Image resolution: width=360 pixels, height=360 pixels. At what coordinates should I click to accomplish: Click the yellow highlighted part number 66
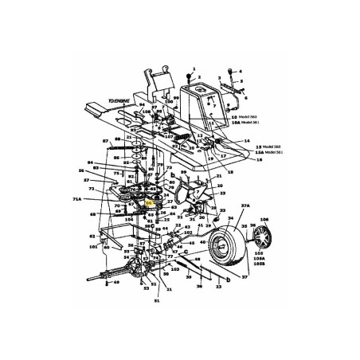click(x=150, y=204)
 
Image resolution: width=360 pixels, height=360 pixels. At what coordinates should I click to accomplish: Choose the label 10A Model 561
click(x=244, y=121)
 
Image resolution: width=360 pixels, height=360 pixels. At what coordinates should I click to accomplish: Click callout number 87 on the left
click(x=104, y=141)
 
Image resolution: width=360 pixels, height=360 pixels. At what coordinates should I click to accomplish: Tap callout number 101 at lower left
click(x=93, y=248)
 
